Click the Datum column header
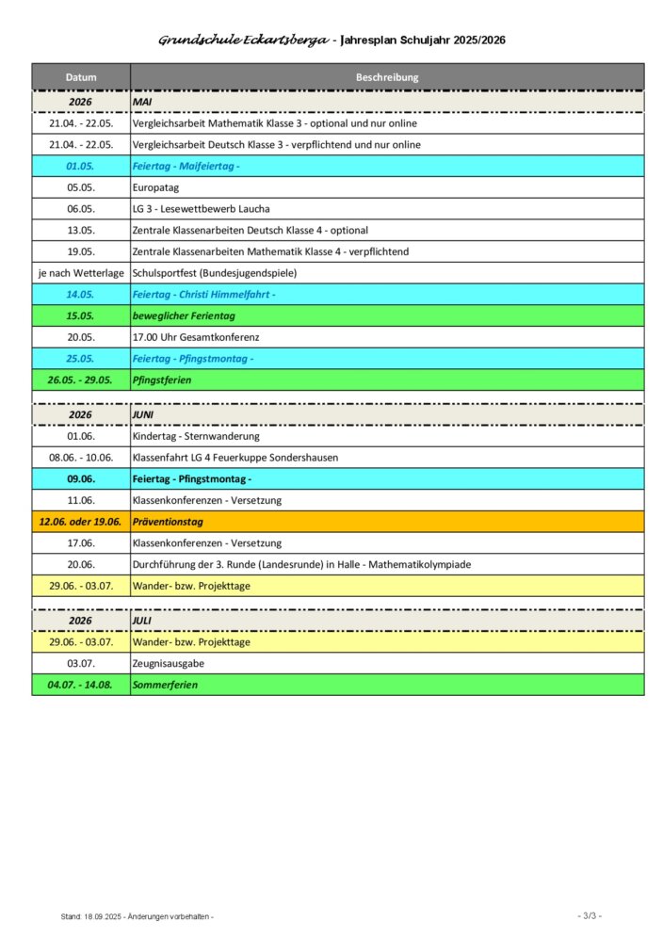tap(81, 77)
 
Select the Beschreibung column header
tap(387, 77)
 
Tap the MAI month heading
tap(143, 100)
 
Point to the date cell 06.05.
tap(81, 209)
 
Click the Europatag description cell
tap(155, 187)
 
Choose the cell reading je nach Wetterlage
tap(81, 273)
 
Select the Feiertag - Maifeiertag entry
tap(186, 166)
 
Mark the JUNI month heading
tap(144, 413)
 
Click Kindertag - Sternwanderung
tap(196, 436)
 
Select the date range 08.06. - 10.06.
tap(81, 458)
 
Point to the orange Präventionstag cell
tap(168, 521)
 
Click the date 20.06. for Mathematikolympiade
tap(81, 564)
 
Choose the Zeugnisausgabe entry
tap(168, 664)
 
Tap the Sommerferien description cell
tap(166, 686)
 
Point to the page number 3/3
tap(589, 915)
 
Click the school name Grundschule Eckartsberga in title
tap(243, 41)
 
